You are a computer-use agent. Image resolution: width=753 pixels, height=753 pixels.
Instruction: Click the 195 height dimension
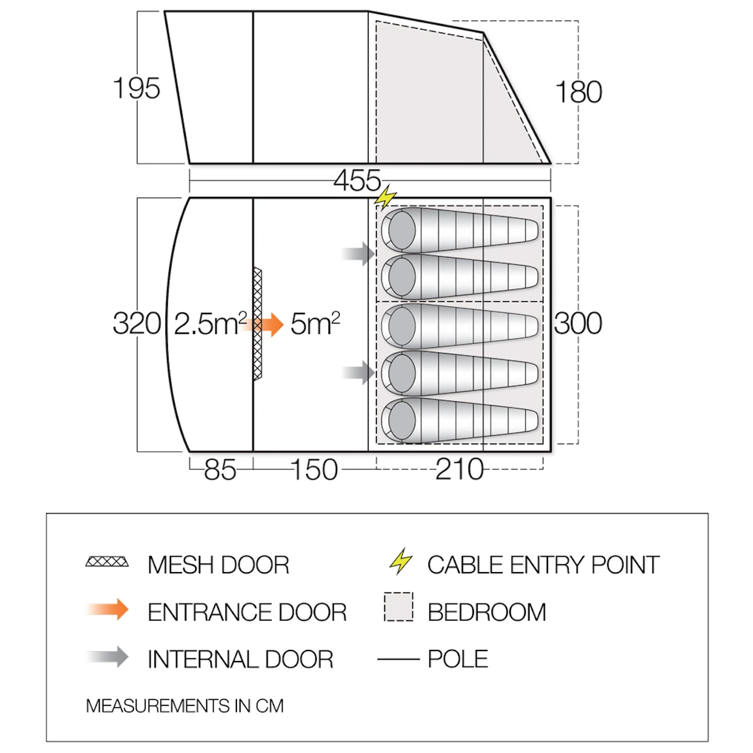(x=136, y=88)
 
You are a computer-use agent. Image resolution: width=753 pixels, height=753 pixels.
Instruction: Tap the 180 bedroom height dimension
(x=578, y=92)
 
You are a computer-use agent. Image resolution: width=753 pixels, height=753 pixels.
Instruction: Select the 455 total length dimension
(x=357, y=180)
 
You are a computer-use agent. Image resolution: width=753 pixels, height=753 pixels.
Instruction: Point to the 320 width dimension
(x=137, y=323)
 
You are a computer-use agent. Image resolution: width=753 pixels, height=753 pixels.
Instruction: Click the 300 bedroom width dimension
(x=578, y=323)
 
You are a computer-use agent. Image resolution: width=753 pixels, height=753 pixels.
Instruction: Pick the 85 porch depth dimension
(x=220, y=469)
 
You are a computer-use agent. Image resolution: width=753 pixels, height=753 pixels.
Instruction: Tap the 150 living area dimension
(x=315, y=469)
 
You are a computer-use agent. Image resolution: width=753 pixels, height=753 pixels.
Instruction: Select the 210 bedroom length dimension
(x=460, y=469)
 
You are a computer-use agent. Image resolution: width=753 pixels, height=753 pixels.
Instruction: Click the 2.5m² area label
(x=210, y=323)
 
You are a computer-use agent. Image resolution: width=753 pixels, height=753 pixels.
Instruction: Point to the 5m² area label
(x=315, y=323)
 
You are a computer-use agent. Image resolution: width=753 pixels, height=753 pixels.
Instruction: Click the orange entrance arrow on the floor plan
(x=262, y=324)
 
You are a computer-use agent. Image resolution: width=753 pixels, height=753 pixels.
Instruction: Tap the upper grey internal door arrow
(x=359, y=254)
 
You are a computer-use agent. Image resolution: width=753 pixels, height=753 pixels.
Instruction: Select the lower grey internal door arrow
(x=359, y=373)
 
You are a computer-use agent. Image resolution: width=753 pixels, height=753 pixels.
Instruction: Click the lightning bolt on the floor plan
(x=385, y=198)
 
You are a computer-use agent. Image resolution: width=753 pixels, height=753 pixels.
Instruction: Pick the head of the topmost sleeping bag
(x=401, y=230)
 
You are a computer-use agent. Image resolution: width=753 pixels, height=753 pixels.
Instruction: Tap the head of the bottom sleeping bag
(x=401, y=420)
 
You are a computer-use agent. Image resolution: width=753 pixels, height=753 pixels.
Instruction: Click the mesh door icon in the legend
(x=107, y=562)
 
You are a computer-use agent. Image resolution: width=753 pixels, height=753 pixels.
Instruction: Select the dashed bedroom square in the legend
(x=399, y=607)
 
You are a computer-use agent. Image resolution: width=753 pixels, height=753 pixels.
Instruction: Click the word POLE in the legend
(x=458, y=659)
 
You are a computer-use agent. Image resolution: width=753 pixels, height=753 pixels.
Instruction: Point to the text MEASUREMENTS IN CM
(x=185, y=705)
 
